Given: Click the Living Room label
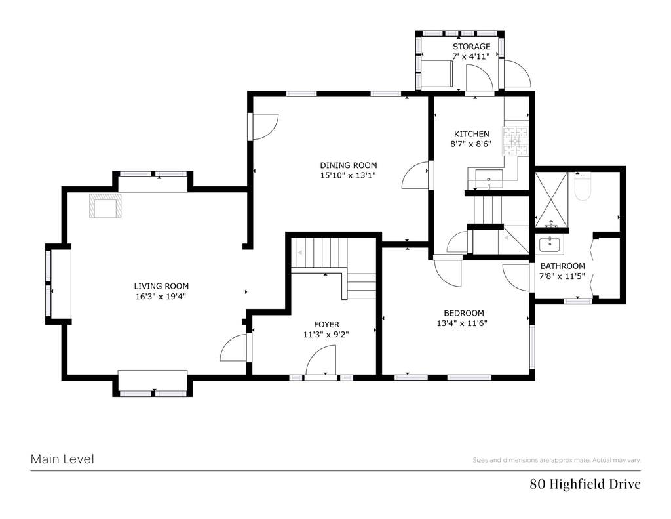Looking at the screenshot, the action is click(x=161, y=286).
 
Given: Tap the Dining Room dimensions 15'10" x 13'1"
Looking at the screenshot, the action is click(x=348, y=175).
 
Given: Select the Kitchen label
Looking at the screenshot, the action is click(x=472, y=134).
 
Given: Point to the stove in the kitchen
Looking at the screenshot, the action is click(x=516, y=140).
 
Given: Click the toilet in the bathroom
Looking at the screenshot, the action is click(x=583, y=186).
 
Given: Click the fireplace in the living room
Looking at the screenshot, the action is click(x=105, y=205).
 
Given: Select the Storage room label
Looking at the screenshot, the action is click(x=472, y=47).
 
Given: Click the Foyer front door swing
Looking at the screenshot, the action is click(x=321, y=360).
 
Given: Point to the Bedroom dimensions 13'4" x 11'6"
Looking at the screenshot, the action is click(x=462, y=323).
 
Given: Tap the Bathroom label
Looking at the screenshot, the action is click(x=563, y=266).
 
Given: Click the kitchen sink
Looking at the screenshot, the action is click(x=489, y=176).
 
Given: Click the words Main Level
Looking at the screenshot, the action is click(x=62, y=459).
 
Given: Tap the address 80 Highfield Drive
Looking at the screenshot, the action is click(x=585, y=484).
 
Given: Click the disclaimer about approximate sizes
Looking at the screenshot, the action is click(x=556, y=461).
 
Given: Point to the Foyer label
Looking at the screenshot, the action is click(x=326, y=325).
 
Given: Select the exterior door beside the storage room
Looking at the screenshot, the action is click(x=516, y=73).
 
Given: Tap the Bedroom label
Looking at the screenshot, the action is click(x=464, y=313).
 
